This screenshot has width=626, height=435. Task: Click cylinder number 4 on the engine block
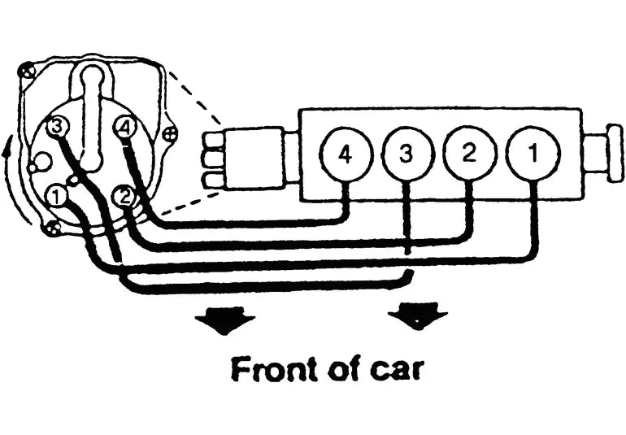tap(346, 155)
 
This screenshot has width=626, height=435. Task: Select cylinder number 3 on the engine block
tap(407, 154)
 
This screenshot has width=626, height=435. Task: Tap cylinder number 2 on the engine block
tap(470, 154)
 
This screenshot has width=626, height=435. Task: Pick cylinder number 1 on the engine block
tap(533, 153)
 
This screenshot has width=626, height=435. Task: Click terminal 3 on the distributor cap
tap(57, 127)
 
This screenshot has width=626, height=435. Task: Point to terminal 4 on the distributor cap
tap(124, 128)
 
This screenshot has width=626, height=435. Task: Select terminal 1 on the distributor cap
tap(57, 197)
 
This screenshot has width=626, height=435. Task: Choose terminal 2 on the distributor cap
tap(125, 197)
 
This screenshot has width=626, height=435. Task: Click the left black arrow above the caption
tap(224, 320)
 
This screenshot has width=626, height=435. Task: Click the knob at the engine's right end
tap(615, 154)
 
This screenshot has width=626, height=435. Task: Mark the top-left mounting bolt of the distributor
tap(27, 72)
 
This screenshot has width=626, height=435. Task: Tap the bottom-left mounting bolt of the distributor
tap(51, 228)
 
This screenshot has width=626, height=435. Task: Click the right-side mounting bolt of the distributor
tap(171, 134)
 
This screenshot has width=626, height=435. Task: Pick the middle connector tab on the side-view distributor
tap(214, 159)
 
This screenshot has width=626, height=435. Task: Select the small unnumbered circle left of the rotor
tap(42, 161)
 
